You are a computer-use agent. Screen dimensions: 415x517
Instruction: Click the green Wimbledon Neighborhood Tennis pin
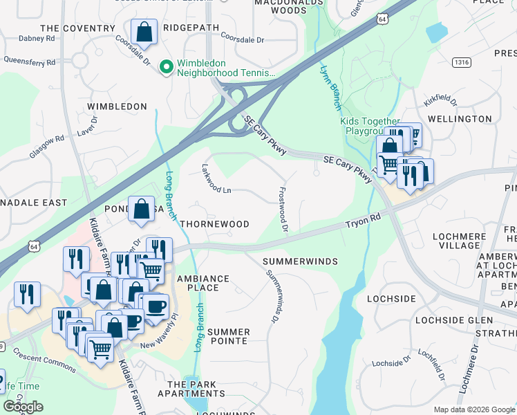pos(166,67)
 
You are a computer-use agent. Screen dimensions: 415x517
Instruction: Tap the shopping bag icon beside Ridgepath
pos(144,32)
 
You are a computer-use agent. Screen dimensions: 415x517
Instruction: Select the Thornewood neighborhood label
pos(214,225)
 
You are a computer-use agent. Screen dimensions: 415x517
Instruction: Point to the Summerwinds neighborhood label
pos(300,261)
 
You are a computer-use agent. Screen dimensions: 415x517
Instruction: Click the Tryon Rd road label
pos(364,222)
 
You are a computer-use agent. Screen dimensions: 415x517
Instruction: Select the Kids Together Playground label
pos(370,126)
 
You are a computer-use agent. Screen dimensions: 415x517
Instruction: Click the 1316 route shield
pos(462,62)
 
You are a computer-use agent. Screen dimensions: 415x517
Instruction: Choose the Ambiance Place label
pos(203,283)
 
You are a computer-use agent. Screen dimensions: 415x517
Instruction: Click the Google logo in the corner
pos(23,407)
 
